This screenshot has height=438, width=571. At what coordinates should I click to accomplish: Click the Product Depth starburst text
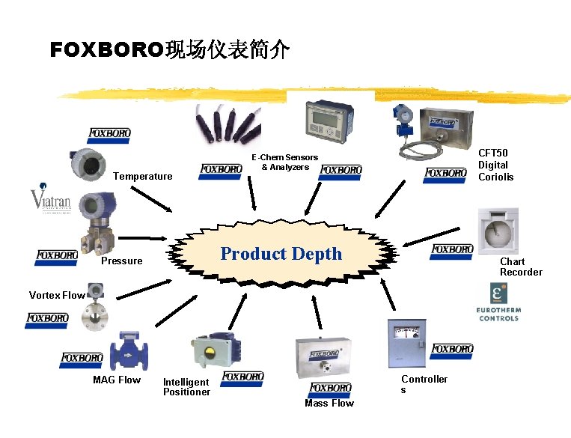point(281,254)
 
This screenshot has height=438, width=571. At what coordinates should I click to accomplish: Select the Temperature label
point(142,177)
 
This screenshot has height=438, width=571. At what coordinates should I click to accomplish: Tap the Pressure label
point(121,261)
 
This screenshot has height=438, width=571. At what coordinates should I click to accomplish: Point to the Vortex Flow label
point(57,295)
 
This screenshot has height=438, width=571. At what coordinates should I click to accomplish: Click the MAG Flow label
point(116,380)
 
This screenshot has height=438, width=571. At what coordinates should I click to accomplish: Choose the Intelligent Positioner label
point(186,387)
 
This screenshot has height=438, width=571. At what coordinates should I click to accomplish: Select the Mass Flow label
point(329,403)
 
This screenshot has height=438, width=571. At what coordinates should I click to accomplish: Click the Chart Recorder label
point(520,267)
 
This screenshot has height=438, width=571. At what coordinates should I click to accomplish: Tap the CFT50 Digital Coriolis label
point(495,165)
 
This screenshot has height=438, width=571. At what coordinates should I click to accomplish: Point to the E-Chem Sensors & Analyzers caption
point(285,162)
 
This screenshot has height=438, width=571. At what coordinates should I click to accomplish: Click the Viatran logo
point(50,200)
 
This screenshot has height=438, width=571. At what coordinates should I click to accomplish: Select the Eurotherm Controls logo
point(498,303)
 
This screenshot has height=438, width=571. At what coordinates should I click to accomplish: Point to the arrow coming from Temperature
point(154,198)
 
